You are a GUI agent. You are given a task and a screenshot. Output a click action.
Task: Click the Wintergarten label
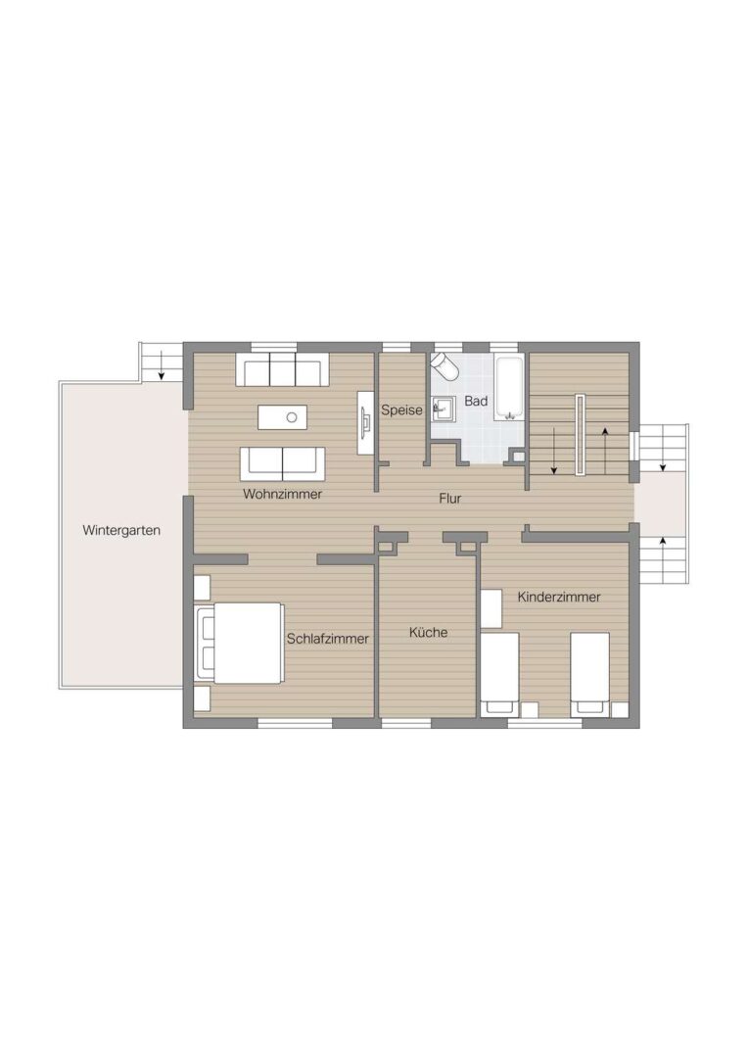click(121, 530)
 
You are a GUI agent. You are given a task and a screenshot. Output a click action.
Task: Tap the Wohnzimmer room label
click(283, 494)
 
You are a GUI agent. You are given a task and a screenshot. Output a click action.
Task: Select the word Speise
click(401, 410)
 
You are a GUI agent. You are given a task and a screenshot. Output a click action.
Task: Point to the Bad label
click(476, 401)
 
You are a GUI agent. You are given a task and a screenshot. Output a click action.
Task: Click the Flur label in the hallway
click(450, 499)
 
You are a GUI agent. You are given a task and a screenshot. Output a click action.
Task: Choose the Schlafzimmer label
click(328, 639)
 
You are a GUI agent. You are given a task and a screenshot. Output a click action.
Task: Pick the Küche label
click(428, 632)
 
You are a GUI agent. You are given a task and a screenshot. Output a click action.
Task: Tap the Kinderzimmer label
click(559, 597)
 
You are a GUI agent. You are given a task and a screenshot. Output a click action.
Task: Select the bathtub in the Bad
click(510, 388)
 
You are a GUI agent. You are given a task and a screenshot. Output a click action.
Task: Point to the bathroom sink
click(444, 408)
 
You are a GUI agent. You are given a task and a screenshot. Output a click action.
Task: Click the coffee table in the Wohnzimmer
click(282, 417)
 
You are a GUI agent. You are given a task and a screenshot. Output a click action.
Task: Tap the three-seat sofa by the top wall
click(283, 368)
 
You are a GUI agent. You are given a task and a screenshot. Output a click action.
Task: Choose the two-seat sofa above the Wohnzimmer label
click(283, 463)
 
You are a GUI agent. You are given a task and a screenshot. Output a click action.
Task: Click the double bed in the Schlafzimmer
click(239, 643)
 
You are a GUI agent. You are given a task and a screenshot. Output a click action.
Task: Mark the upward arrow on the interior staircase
click(606, 451)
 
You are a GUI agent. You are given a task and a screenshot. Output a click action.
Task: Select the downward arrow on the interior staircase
click(554, 451)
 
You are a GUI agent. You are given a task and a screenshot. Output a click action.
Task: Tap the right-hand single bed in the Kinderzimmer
click(590, 674)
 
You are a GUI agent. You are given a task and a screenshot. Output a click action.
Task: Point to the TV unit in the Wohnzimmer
click(366, 423)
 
